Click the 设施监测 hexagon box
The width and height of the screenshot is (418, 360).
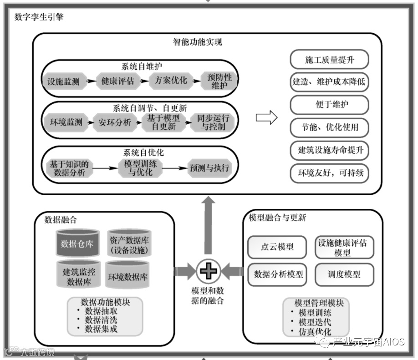[63, 82]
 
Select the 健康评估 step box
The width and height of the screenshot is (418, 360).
[118, 81]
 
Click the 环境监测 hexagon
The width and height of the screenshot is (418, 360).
[66, 122]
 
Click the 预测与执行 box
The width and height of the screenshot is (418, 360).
[209, 168]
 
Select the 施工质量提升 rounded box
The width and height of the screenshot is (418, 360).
[329, 60]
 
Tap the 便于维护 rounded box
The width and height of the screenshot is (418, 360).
[329, 104]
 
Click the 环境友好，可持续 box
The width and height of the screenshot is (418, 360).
[329, 173]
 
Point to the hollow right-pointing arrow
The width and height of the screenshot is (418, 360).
[266, 118]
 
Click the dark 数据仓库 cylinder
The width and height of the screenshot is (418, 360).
[77, 243]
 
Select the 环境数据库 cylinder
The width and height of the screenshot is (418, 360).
[127, 276]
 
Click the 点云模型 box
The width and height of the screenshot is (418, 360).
[277, 247]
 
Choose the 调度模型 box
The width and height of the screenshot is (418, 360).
[344, 274]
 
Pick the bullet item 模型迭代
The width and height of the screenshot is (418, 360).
[315, 322]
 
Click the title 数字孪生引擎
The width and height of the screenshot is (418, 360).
[39, 17]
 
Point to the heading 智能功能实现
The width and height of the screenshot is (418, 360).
[198, 43]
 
